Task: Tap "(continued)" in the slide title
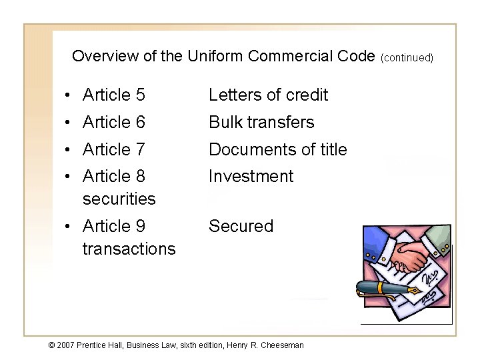(x=407, y=57)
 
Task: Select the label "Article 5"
(x=114, y=95)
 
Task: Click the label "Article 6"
(x=114, y=123)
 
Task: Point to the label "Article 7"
(x=114, y=150)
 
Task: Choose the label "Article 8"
(x=114, y=177)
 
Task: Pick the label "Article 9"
(x=114, y=227)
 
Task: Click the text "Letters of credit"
(x=268, y=95)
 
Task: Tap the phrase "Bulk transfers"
(x=261, y=123)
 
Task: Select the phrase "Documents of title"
(x=278, y=150)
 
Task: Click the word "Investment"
(x=251, y=177)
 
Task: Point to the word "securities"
(x=119, y=199)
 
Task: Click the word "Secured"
(x=241, y=227)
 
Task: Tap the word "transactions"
(x=129, y=249)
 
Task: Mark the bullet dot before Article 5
(x=69, y=96)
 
